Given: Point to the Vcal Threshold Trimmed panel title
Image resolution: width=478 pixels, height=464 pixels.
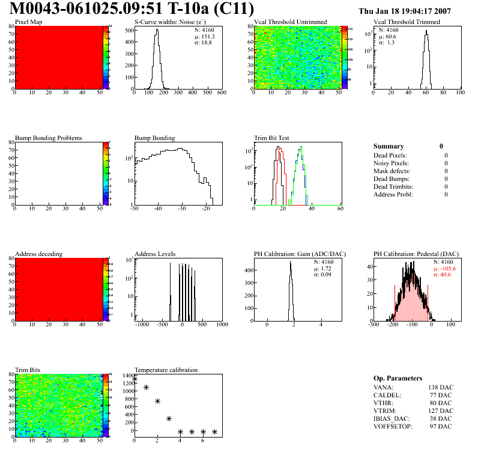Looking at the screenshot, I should point(407,22).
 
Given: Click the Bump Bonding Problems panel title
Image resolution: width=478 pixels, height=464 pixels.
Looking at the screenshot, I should point(49,138).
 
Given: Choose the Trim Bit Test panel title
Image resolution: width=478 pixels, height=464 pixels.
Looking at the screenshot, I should point(272,138).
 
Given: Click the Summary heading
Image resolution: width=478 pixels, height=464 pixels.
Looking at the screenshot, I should point(389,146).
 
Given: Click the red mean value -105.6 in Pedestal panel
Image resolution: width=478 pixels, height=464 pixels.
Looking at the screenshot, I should point(446,269).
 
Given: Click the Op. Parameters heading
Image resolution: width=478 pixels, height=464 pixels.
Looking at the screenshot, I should point(398,378).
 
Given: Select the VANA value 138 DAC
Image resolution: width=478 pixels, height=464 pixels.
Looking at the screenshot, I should point(440,387).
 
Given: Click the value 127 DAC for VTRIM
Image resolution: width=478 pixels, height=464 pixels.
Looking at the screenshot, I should point(440,411).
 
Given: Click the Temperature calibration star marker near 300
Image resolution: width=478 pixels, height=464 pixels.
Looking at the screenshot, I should point(169,418).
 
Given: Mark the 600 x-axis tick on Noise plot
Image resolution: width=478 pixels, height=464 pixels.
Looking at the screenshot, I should point(221,93).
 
